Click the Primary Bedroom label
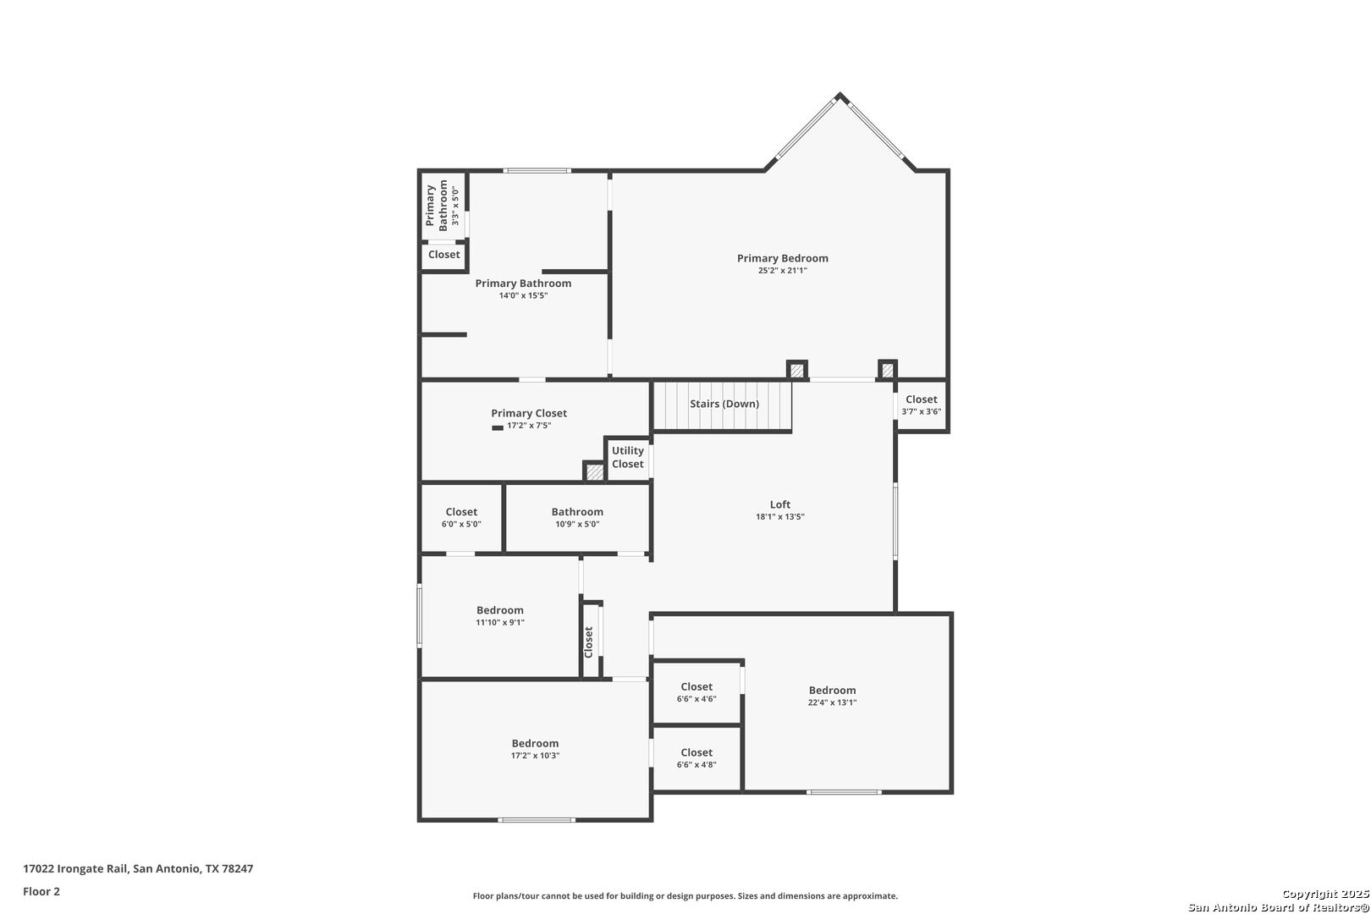point(782,258)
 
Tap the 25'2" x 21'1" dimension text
point(782,271)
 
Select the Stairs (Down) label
point(724,404)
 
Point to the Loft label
point(779,504)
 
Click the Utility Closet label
point(627,457)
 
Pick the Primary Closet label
point(529,413)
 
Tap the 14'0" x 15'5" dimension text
point(523,295)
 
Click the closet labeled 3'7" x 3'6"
point(921,405)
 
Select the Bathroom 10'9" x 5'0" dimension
point(577,525)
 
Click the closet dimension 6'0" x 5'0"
point(461,525)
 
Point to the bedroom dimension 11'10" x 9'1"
point(499,623)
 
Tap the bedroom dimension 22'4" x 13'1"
point(832,702)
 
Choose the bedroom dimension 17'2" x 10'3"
point(535,756)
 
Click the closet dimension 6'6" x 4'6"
point(696,699)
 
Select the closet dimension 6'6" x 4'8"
point(696,764)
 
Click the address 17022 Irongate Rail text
point(74,868)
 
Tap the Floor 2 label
point(41,891)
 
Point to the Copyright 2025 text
point(1325,894)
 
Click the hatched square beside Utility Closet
point(594,472)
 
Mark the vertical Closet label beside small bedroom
point(588,642)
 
